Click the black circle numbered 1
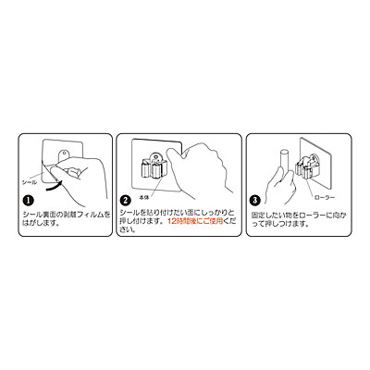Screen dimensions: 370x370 pyautogui.click(x=28, y=201)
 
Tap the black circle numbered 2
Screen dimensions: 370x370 pyautogui.click(x=125, y=201)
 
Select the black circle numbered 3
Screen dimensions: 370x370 pyautogui.click(x=254, y=200)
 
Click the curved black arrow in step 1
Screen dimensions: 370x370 pyautogui.click(x=53, y=185)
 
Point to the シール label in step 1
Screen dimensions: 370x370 pyautogui.click(x=29, y=182)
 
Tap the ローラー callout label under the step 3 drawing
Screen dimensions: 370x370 pyautogui.click(x=324, y=197)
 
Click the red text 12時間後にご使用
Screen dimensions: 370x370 pyautogui.click(x=195, y=221)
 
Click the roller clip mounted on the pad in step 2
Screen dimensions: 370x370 pyautogui.click(x=154, y=166)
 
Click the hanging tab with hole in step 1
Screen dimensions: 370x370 pyautogui.click(x=64, y=154)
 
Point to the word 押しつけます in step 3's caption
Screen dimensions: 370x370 pyautogui.click(x=279, y=224)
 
